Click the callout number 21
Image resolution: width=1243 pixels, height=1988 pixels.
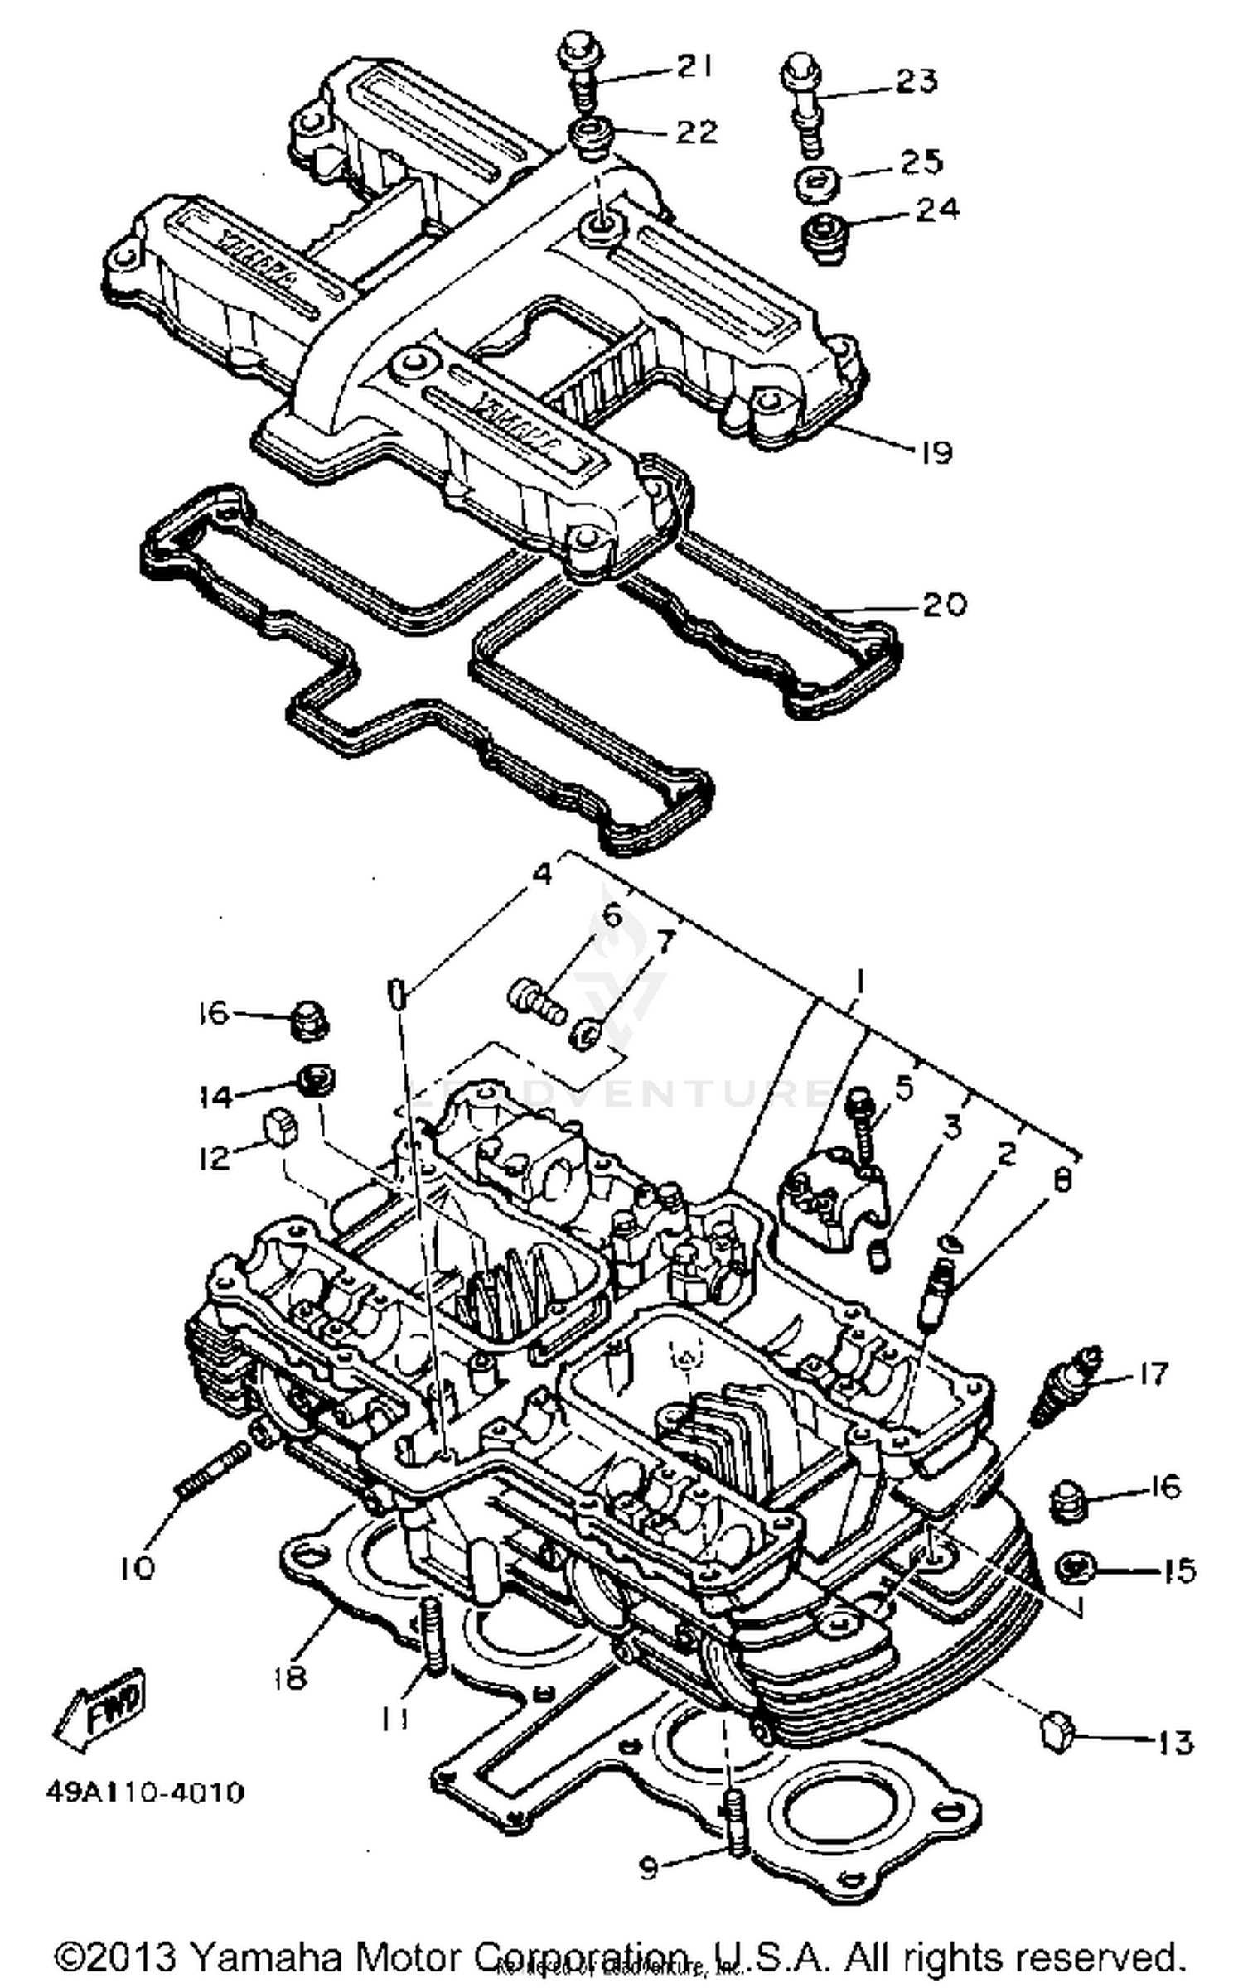[694, 66]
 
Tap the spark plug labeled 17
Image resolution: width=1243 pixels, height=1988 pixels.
[1070, 1386]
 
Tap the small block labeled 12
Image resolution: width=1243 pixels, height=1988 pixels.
[278, 1130]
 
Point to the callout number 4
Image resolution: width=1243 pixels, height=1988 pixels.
[542, 874]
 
